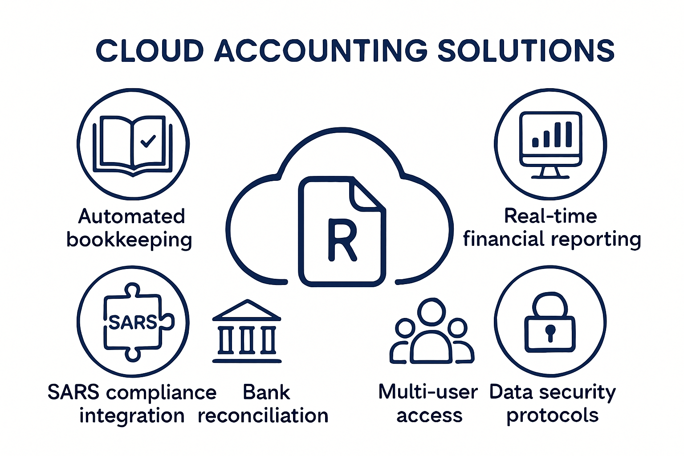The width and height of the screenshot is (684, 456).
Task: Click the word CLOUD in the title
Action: coord(150,50)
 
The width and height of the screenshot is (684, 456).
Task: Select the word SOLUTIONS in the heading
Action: coord(526,50)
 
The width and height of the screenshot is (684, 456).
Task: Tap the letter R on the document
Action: coord(342,239)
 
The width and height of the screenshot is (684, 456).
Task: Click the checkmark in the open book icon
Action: coord(148,141)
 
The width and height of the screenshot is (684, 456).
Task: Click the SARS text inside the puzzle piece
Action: coord(133,322)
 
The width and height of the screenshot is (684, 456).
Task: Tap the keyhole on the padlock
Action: coord(550,332)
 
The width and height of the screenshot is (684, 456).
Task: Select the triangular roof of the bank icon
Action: coord(247,310)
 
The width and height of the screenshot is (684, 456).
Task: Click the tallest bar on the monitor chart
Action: coord(568,134)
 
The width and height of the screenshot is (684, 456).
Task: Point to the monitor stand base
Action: coord(550,175)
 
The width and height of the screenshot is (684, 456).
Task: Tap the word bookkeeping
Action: coord(129,240)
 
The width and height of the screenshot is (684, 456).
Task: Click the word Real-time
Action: coord(550,216)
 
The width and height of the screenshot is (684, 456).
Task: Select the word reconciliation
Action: coord(263,416)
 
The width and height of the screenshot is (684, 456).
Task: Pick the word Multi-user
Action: coord(427,392)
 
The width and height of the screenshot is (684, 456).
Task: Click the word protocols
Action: coord(552,416)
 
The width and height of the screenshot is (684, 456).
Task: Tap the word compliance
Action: coord(161,393)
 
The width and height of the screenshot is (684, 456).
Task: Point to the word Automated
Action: coord(131,216)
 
